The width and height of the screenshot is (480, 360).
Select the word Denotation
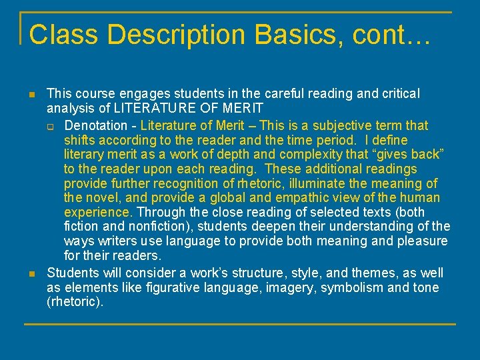pos(95,125)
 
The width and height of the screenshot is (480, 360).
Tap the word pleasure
pos(413,241)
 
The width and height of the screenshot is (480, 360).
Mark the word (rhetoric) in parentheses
pos(75,302)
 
